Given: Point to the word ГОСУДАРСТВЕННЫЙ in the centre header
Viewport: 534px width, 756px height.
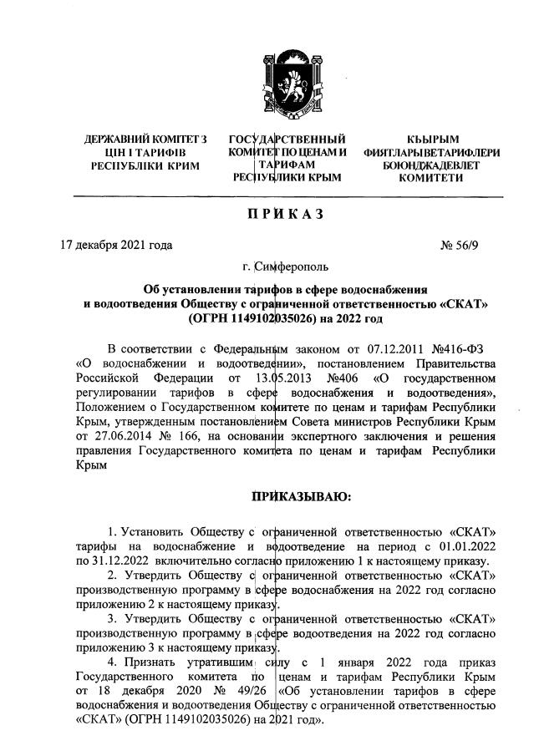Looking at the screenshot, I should (287, 138).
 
